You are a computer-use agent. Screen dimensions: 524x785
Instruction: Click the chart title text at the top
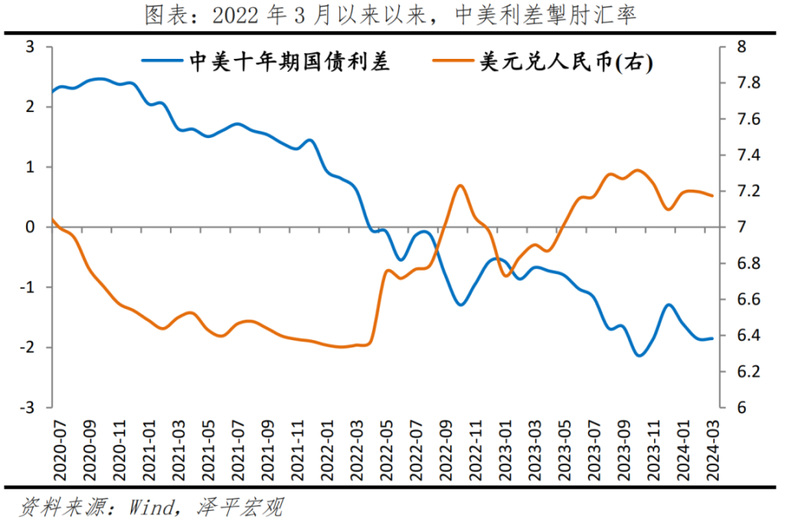coord(391,15)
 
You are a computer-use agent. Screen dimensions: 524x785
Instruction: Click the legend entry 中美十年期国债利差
coord(289,62)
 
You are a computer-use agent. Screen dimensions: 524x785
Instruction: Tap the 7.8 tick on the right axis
coord(737,83)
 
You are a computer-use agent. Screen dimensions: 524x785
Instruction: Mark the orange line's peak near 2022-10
coord(460,186)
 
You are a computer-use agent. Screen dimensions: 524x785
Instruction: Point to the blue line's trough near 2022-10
coord(461,305)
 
